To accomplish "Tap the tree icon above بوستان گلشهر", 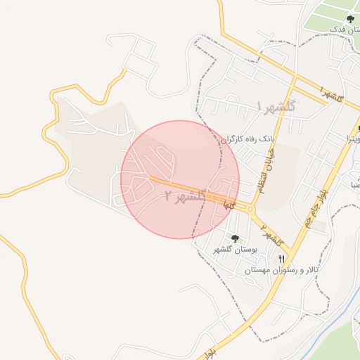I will click(235, 238).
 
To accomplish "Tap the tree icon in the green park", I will click(350, 19).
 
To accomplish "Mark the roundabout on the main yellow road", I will click(250, 209).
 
